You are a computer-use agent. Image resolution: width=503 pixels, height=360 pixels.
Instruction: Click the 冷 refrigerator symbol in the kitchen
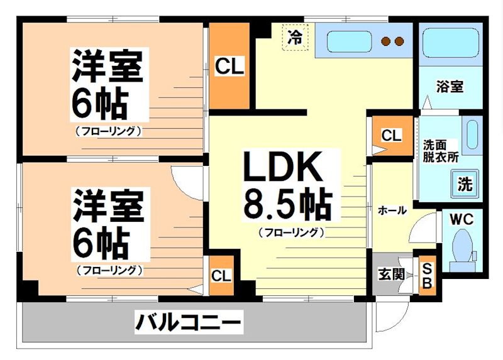[294, 36]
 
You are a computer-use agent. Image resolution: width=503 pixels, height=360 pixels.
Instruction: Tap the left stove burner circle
[386, 42]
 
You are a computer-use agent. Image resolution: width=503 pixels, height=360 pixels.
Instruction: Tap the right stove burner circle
[399, 42]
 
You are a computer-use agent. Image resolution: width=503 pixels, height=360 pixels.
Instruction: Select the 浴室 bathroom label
[450, 87]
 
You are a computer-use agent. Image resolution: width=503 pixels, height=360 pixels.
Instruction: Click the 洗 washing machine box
[465, 184]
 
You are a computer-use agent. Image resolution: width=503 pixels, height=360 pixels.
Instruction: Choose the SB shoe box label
[426, 275]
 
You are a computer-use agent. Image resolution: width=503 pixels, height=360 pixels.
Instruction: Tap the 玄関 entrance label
[391, 274]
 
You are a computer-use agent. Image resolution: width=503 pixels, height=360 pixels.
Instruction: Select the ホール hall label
[391, 210]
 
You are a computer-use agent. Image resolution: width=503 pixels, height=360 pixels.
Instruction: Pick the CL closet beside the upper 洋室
[230, 66]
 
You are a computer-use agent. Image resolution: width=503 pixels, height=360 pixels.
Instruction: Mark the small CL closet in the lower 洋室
[221, 275]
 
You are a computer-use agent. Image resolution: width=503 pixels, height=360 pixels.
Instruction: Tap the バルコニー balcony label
[188, 324]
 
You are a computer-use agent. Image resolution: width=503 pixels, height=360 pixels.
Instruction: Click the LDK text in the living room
[283, 168]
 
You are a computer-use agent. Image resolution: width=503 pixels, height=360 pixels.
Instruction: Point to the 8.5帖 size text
[287, 202]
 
